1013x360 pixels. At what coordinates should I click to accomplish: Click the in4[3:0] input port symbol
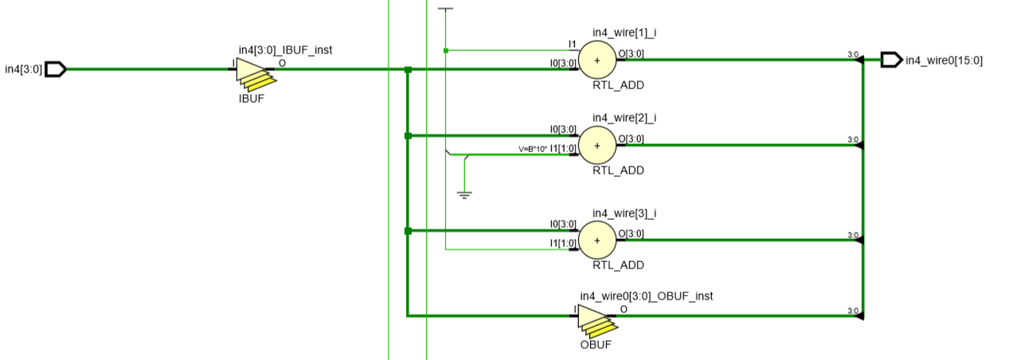pyautogui.click(x=55, y=69)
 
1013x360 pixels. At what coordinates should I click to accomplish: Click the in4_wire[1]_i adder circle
pyautogui.click(x=597, y=60)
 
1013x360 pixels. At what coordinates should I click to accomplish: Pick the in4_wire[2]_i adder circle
pyautogui.click(x=597, y=144)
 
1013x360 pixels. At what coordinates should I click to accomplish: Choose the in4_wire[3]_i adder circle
pyautogui.click(x=597, y=239)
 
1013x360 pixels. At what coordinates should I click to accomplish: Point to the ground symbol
pyautogui.click(x=465, y=194)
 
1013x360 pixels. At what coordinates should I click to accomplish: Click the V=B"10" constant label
pyautogui.click(x=533, y=149)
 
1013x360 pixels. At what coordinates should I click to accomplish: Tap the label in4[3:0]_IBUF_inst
pyautogui.click(x=285, y=50)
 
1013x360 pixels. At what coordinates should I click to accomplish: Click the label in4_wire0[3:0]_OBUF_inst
pyautogui.click(x=647, y=295)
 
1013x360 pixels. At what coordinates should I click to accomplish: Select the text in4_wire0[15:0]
pyautogui.click(x=944, y=60)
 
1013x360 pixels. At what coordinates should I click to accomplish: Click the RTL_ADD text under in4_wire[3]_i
pyautogui.click(x=618, y=265)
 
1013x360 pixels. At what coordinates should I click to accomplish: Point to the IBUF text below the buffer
pyautogui.click(x=251, y=100)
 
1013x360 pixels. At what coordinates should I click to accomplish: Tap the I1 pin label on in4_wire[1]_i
pyautogui.click(x=572, y=44)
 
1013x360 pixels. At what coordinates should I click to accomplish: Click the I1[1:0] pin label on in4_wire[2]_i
pyautogui.click(x=563, y=149)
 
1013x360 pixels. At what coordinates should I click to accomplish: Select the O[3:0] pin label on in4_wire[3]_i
pyautogui.click(x=631, y=233)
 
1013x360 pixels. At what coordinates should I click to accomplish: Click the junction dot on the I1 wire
pyautogui.click(x=446, y=50)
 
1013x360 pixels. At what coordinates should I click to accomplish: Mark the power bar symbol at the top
pyautogui.click(x=446, y=10)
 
